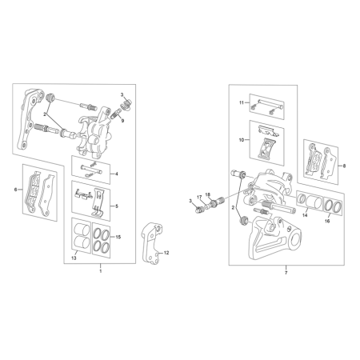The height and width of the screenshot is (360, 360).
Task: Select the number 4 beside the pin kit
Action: click(118, 174)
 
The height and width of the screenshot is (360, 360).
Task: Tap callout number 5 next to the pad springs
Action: click(118, 206)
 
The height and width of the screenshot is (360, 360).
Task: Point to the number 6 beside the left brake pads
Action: click(16, 190)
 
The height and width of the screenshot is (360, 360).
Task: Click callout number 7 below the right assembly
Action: click(286, 273)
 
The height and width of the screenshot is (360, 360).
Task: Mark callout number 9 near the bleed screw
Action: click(122, 120)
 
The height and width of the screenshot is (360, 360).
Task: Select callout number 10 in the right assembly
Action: click(241, 139)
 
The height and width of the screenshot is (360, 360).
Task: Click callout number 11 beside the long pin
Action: click(241, 103)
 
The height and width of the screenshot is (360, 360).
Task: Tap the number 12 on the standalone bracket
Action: click(167, 253)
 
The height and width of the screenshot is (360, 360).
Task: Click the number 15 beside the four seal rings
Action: click(118, 238)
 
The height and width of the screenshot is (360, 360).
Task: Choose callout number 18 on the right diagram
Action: click(206, 194)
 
